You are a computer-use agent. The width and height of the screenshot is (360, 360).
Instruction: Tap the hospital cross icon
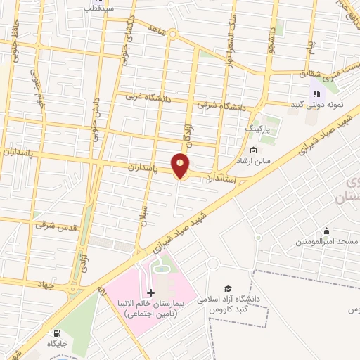pos(150,292)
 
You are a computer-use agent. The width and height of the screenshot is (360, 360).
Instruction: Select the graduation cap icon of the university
pos(227,288)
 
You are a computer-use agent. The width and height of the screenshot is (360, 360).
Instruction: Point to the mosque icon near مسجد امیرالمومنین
pos(326,231)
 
